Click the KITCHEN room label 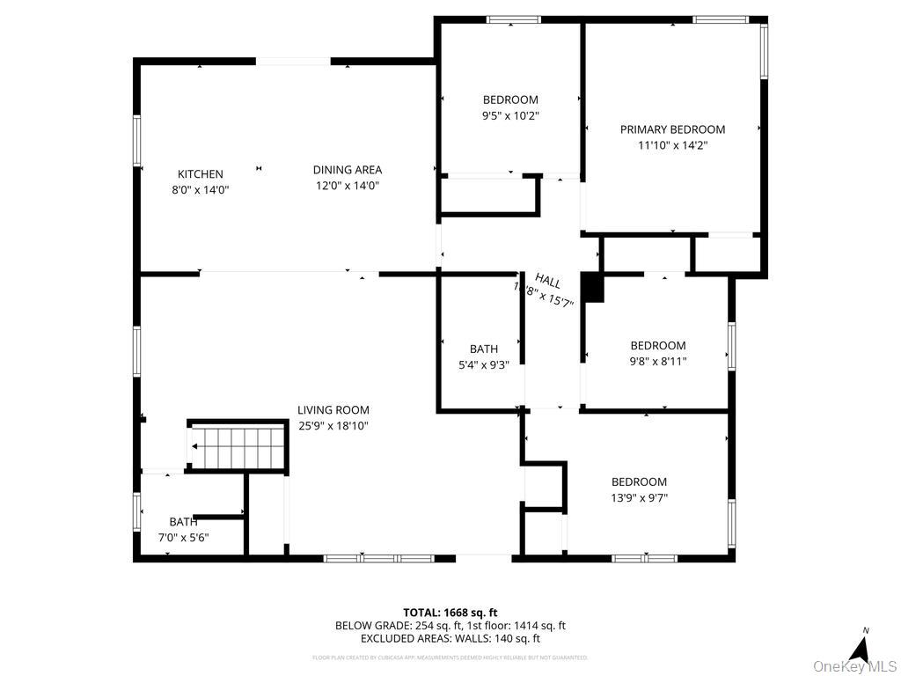click(x=201, y=174)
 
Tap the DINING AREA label click(x=348, y=170)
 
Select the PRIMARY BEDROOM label click(x=672, y=129)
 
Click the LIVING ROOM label click(x=333, y=410)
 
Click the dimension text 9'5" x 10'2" click(x=510, y=115)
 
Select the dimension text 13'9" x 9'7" click(x=639, y=497)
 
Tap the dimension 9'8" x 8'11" click(x=657, y=361)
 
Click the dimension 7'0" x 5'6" click(x=183, y=537)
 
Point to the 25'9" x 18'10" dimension click(x=333, y=426)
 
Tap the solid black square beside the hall click(x=594, y=289)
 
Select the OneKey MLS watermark click(x=853, y=665)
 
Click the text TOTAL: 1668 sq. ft click(x=450, y=613)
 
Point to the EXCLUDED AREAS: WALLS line click(x=450, y=639)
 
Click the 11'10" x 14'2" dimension click(x=672, y=145)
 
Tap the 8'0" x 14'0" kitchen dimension click(x=201, y=189)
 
